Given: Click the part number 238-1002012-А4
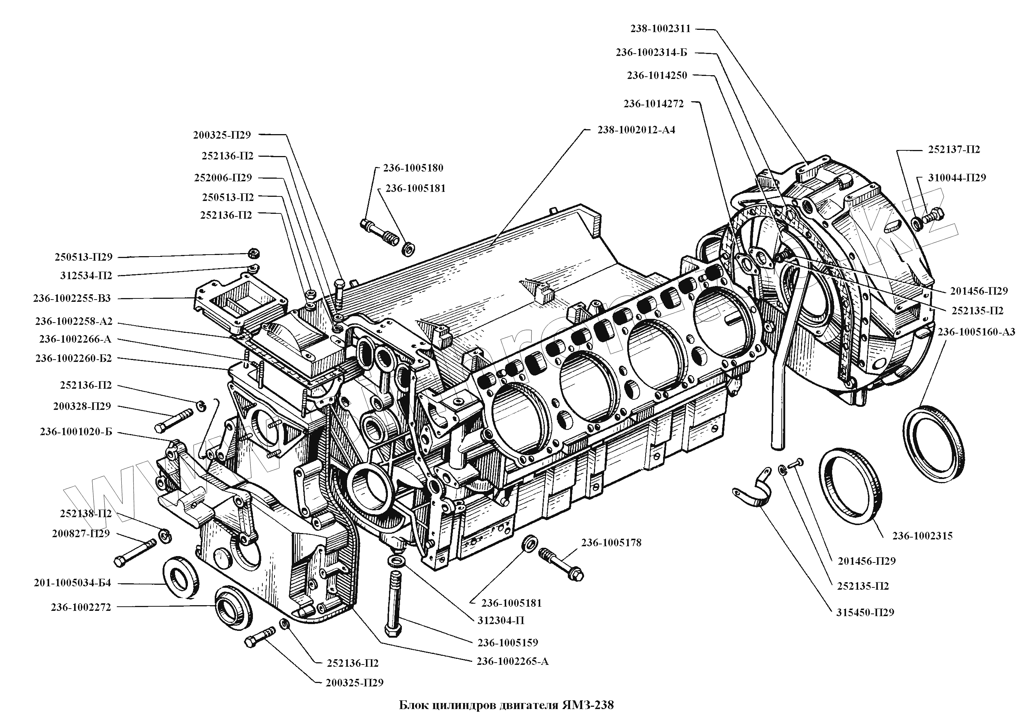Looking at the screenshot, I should pos(636,130).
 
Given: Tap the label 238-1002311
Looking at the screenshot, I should pos(660,29).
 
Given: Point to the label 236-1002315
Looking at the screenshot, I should pos(922,536).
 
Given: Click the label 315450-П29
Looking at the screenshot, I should pos(865,612).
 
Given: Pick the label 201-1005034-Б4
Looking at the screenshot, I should pos(72,583).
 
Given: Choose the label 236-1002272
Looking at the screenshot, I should pos(81,607).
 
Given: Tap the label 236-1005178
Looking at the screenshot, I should pos(611,542).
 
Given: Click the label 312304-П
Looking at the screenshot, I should pos(501,620).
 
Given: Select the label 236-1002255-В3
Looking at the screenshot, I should pos(71,298).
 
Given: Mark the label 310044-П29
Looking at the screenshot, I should pos(957,177).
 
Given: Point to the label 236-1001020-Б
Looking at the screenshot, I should pos(76,432).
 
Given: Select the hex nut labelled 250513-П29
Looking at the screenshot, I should pos(254,254).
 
